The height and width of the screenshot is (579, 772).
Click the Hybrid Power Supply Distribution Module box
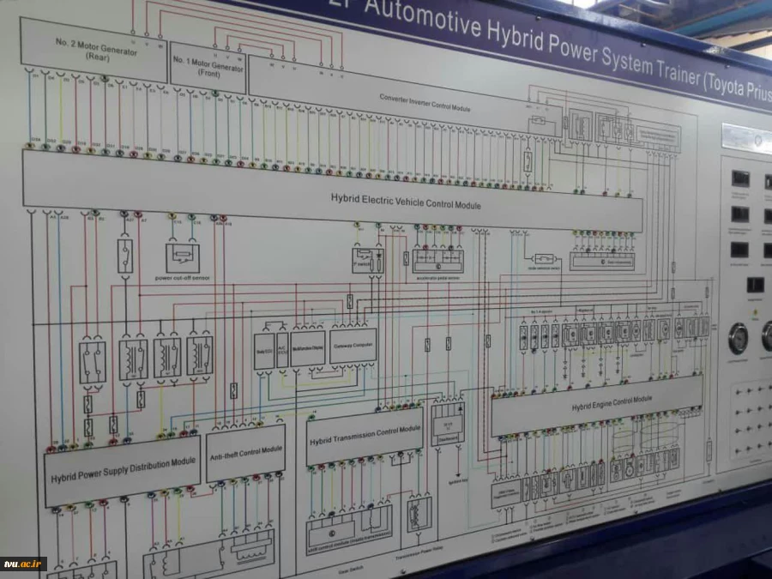tap(122, 468)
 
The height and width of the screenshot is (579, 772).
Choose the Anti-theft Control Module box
tap(245, 451)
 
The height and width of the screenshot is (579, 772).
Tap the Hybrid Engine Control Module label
tap(612, 401)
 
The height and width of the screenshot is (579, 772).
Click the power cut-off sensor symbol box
tap(182, 257)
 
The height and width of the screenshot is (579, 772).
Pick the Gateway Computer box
tap(353, 345)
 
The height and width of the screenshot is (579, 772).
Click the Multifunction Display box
tap(306, 349)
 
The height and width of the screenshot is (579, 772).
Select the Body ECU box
tap(264, 352)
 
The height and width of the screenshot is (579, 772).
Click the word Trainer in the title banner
tap(658, 71)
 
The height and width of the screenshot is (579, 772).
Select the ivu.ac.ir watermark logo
tap(23, 564)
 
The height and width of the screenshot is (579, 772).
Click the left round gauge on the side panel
tap(738, 338)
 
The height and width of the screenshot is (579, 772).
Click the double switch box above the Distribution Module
tap(93, 361)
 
